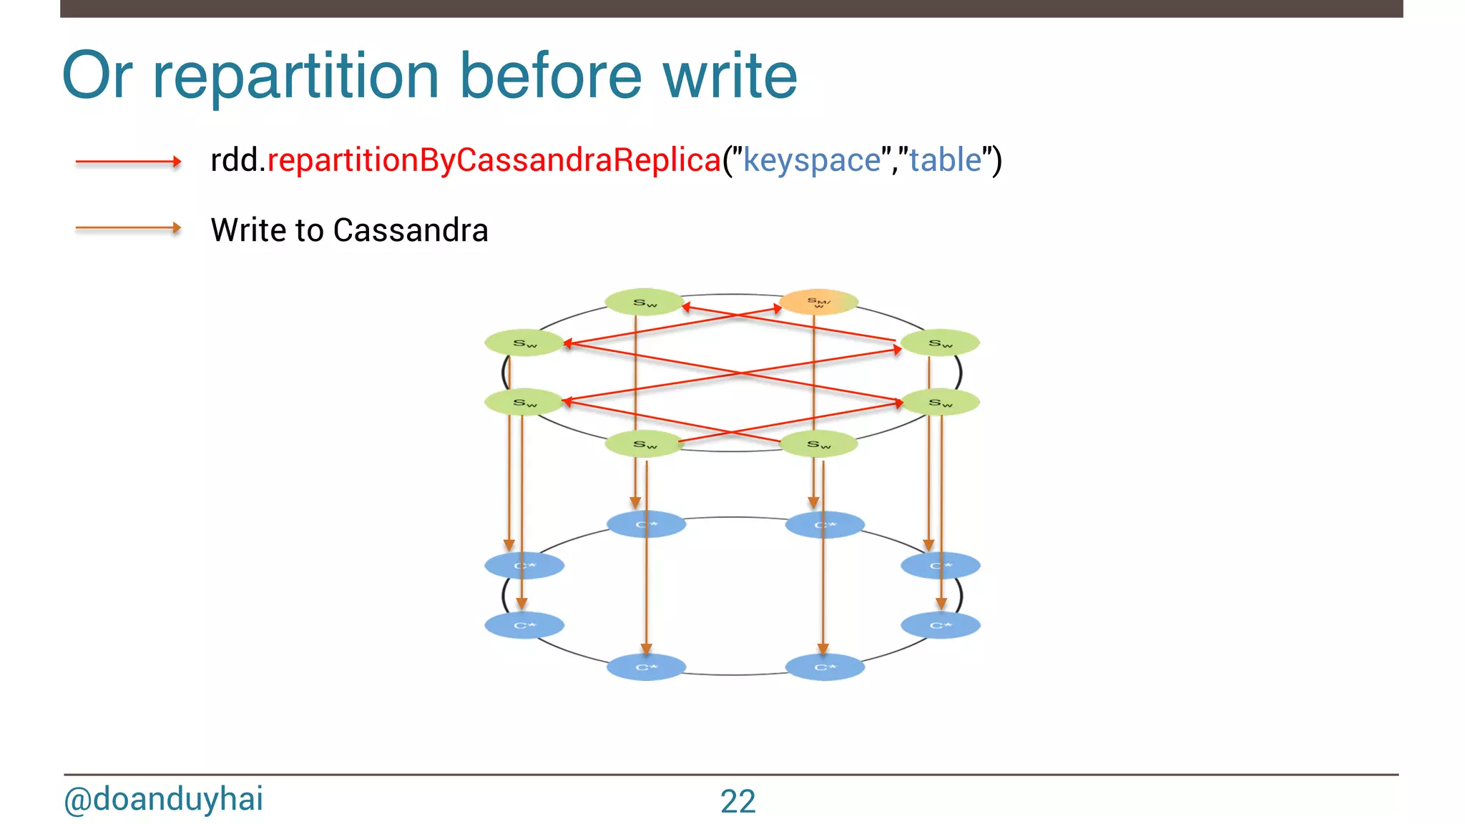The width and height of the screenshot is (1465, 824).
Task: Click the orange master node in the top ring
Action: point(818,302)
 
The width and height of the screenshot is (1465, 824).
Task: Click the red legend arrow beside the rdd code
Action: point(128,162)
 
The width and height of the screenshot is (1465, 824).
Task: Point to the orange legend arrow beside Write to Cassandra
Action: point(128,228)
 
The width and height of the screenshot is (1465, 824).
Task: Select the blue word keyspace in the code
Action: point(811,160)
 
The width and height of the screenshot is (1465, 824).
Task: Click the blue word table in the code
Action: point(945,160)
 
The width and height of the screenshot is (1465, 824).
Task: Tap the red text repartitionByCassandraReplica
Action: point(494,160)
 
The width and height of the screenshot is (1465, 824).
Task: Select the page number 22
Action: point(738,801)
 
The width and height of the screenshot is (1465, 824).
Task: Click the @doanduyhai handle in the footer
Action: point(163,799)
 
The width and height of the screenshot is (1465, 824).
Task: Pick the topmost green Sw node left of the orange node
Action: point(645,303)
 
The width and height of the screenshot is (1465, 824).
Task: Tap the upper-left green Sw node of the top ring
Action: point(524,343)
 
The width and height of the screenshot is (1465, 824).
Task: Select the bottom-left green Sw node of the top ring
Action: point(645,444)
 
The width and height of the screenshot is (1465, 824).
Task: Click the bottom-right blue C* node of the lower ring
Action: point(825,667)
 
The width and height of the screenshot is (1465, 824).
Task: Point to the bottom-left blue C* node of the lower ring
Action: point(646,667)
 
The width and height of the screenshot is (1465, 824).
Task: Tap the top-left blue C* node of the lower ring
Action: point(646,524)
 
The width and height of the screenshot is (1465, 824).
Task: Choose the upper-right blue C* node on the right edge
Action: point(940,566)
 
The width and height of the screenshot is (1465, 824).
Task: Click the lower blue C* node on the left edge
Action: point(524,626)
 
